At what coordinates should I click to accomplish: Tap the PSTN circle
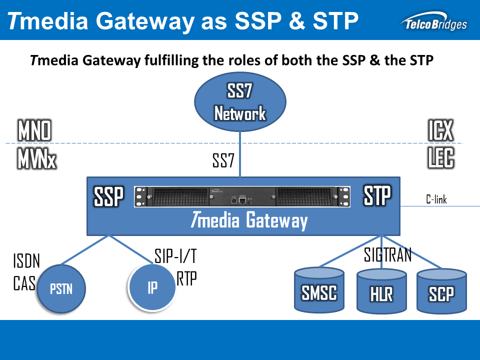[61, 288]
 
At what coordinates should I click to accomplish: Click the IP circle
[152, 287]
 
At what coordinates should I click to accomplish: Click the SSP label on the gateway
[108, 197]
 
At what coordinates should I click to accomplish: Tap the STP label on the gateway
[376, 196]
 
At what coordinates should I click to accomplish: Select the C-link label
[436, 200]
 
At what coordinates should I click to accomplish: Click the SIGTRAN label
[387, 255]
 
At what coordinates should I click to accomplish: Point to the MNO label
[34, 131]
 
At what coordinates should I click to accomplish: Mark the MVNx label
[36, 159]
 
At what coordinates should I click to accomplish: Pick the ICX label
[440, 131]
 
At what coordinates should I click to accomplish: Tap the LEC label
[440, 159]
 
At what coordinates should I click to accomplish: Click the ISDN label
[26, 261]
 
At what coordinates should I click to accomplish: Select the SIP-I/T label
[175, 257]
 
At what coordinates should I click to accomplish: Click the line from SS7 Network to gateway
[240, 155]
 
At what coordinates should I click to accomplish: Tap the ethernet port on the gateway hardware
[242, 200]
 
